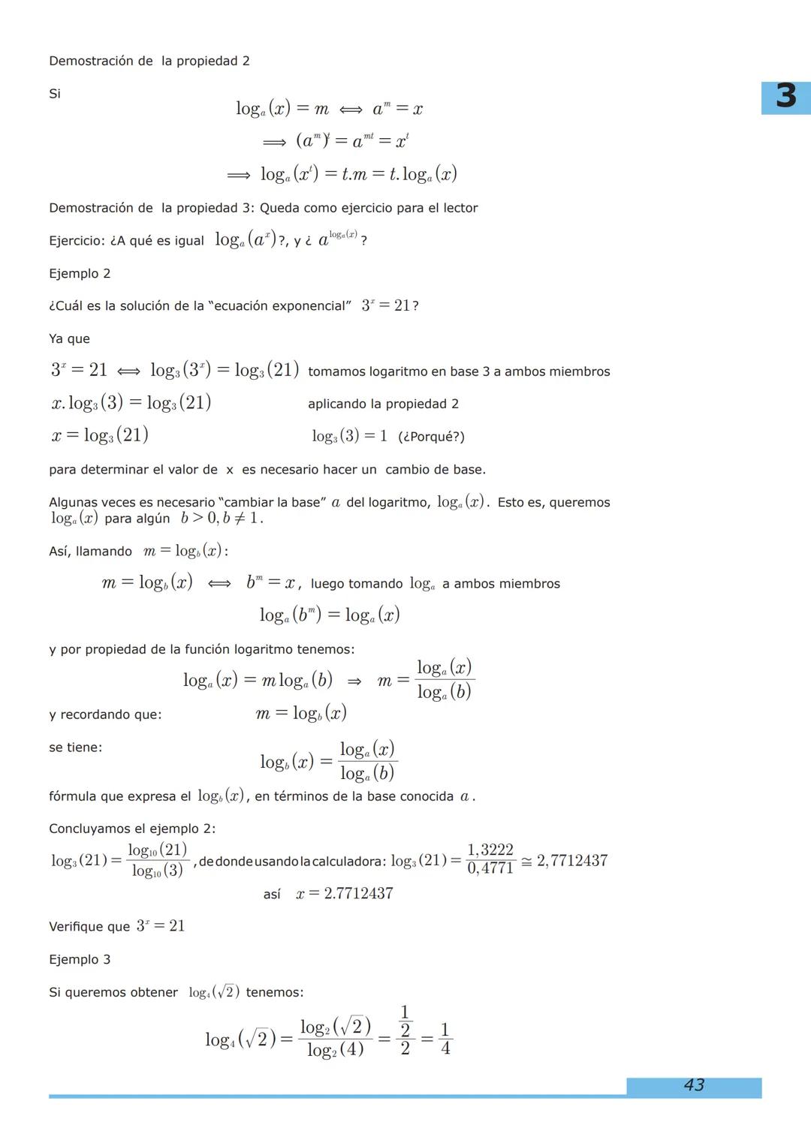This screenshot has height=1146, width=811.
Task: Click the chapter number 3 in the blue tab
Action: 785,96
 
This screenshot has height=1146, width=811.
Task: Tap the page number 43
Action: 694,1085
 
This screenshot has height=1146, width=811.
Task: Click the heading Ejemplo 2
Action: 80,273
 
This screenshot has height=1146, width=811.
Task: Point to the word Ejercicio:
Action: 77,241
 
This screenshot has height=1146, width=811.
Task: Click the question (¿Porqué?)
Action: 431,437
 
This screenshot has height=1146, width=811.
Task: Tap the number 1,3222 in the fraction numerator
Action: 490,850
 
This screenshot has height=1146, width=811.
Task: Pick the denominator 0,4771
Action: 490,868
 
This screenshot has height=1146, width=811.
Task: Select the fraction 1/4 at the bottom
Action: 445,1039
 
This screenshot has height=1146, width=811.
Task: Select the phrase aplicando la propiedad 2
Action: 383,404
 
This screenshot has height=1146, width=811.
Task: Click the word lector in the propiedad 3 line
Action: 460,208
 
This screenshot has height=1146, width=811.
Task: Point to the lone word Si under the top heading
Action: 55,94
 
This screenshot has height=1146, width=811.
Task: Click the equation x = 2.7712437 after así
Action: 345,894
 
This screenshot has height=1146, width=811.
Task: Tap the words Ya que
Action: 69,338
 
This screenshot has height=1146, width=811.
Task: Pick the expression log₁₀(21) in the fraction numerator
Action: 158,850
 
